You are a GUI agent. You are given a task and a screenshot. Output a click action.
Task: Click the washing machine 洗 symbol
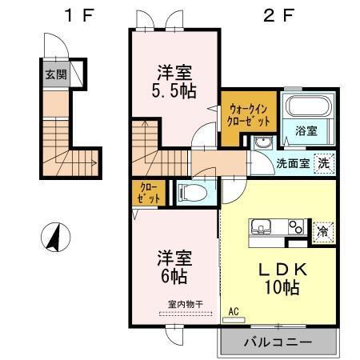[324, 162]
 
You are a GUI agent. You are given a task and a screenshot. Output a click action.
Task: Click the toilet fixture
[190, 192]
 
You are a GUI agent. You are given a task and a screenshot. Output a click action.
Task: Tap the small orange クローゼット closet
[147, 192]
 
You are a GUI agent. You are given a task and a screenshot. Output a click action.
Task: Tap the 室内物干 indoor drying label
[186, 303]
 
